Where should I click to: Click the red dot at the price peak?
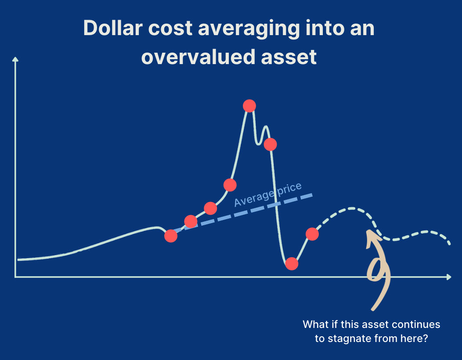tap(249, 106)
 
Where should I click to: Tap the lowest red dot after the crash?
tap(292, 264)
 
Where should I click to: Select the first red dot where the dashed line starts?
tap(171, 236)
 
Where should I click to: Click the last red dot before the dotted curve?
tap(312, 234)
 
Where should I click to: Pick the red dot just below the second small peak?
tap(270, 144)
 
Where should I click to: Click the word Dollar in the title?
tap(113, 28)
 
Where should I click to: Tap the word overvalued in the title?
tap(198, 57)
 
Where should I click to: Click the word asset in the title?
tap(289, 58)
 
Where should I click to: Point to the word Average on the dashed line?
tap(254, 198)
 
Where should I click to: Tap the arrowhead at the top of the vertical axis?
tap(15, 59)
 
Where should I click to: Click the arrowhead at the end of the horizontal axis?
tap(449, 277)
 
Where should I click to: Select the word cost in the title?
tap(170, 29)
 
